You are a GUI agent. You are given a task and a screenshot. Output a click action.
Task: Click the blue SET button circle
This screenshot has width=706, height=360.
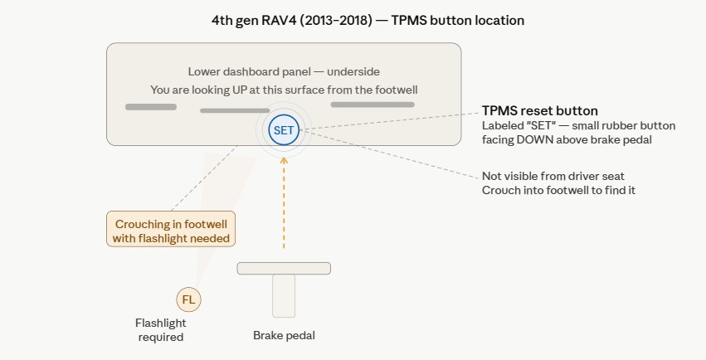coord(284,130)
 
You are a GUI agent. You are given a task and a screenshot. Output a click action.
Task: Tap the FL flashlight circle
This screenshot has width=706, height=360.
coord(188,299)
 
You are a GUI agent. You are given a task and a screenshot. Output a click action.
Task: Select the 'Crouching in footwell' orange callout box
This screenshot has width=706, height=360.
coord(171,229)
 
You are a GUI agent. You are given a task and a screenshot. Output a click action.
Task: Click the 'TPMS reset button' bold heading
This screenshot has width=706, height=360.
coord(540,110)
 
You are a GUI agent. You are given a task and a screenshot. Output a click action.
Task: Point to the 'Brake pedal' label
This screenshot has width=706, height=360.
coord(284,335)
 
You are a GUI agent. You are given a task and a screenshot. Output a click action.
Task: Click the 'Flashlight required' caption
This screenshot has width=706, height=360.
coord(161,330)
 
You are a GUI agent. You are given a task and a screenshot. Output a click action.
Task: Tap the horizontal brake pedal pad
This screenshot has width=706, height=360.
coord(284,268)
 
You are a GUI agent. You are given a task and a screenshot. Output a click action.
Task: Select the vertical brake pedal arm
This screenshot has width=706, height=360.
coord(284,295)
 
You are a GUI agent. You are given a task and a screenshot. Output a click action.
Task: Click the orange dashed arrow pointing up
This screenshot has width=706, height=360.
coord(284,202)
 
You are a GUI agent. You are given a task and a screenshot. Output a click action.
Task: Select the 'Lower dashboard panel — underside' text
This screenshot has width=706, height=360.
coord(284,71)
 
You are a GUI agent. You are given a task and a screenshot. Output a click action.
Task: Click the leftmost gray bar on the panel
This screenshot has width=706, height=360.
coord(151,107)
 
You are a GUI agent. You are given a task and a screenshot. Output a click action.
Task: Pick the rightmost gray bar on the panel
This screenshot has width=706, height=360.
coord(372,105)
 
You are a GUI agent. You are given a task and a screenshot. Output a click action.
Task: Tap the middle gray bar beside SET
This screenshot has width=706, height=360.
coord(235,110)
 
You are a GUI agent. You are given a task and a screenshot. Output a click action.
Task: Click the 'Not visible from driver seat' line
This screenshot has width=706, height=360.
coord(553,176)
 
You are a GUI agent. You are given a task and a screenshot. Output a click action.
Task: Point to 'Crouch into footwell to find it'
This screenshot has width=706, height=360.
coord(558,190)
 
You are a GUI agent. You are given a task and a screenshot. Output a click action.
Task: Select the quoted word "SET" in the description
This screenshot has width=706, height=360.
coord(539,125)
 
